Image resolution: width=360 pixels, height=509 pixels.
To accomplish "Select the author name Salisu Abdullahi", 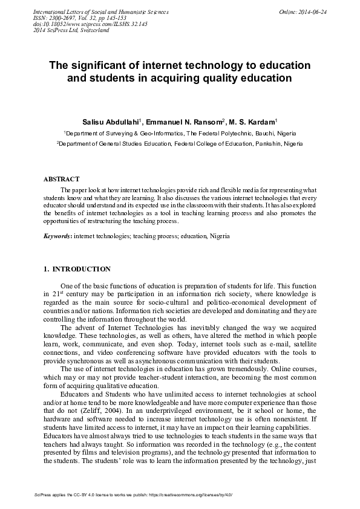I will click(x=111, y=122).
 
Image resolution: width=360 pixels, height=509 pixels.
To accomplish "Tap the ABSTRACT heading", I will click(x=61, y=180).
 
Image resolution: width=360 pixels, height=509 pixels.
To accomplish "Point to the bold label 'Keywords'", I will click(x=57, y=236).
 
